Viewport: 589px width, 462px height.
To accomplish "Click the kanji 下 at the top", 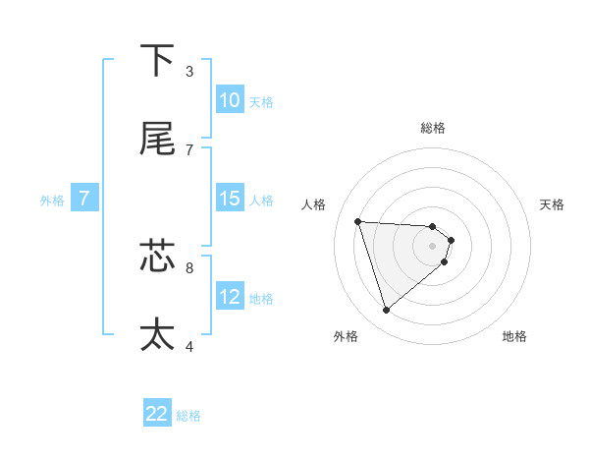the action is pyautogui.click(x=157, y=60).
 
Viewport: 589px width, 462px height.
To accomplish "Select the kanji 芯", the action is pyautogui.click(x=157, y=255).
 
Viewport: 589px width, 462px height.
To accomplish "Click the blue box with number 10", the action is pyautogui.click(x=229, y=100).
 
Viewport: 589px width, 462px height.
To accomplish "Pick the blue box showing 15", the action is pyautogui.click(x=229, y=199).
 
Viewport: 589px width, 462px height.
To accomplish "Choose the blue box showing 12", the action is pyautogui.click(x=229, y=297).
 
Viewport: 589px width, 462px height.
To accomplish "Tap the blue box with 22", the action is pyautogui.click(x=157, y=414).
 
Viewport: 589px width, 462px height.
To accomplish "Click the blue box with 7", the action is pyautogui.click(x=84, y=199).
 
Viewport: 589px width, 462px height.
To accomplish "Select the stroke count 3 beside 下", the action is pyautogui.click(x=189, y=72).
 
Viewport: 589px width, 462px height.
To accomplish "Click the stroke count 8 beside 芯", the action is pyautogui.click(x=189, y=266).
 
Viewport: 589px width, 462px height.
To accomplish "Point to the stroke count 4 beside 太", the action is pyautogui.click(x=189, y=345).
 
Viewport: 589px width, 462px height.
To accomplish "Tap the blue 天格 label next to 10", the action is pyautogui.click(x=261, y=102).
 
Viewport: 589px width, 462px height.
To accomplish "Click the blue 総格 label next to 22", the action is pyautogui.click(x=188, y=416).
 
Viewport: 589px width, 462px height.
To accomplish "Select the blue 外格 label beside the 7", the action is pyautogui.click(x=52, y=201).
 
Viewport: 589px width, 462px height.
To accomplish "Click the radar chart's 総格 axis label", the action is pyautogui.click(x=433, y=128).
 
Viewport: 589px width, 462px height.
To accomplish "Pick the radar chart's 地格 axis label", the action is pyautogui.click(x=514, y=336).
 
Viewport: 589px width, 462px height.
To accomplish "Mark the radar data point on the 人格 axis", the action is pyautogui.click(x=358, y=221).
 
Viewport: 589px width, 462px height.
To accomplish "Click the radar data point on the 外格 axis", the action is pyautogui.click(x=387, y=311).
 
